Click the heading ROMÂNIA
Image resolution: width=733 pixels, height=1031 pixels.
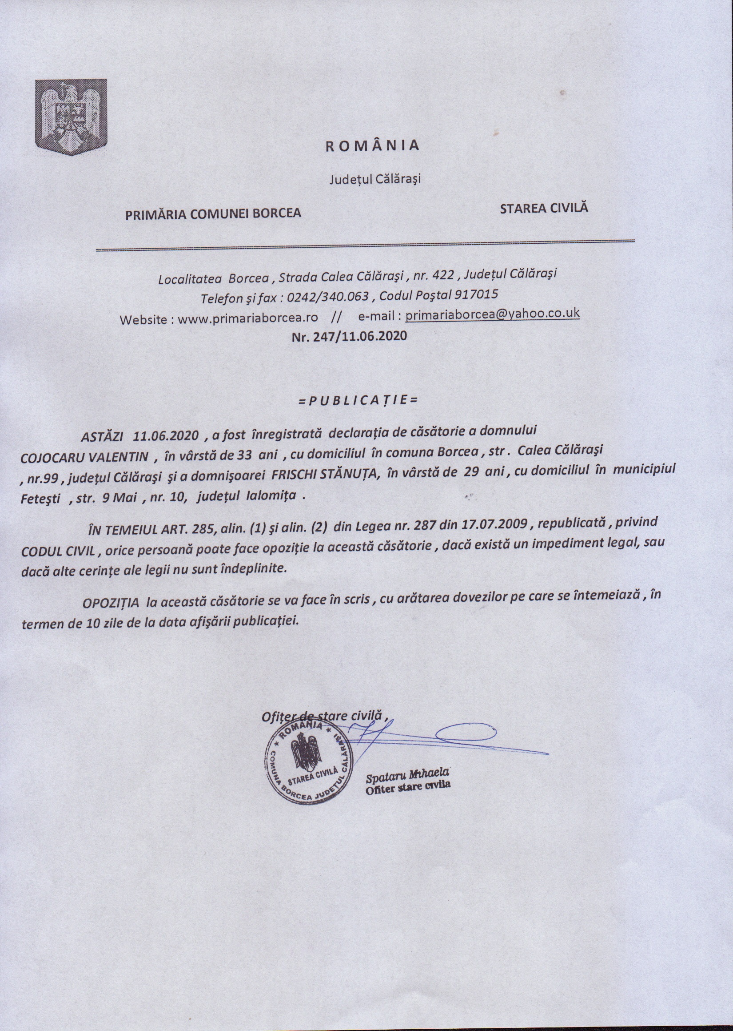pyautogui.click(x=373, y=145)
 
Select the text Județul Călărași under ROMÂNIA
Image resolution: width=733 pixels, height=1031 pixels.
pyautogui.click(x=374, y=179)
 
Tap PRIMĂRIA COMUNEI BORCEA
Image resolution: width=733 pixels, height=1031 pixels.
pyautogui.click(x=213, y=213)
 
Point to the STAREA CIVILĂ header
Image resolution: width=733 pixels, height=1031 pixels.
pyautogui.click(x=544, y=208)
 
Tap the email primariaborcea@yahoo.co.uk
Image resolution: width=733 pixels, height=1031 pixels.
pyautogui.click(x=492, y=314)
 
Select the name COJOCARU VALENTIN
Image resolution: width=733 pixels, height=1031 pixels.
pyautogui.click(x=84, y=456)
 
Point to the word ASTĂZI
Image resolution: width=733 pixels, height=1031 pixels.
pyautogui.click(x=103, y=436)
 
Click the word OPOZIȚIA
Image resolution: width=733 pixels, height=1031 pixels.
pyautogui.click(x=108, y=603)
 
